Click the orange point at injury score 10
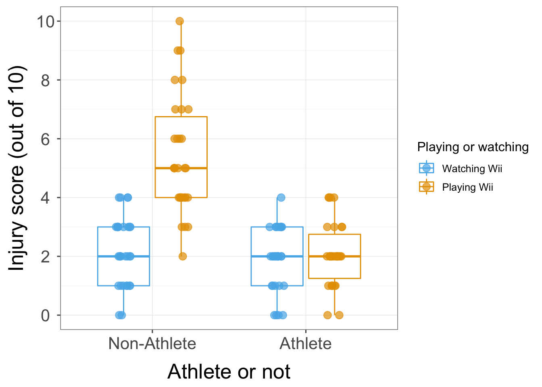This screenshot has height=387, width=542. [179, 21]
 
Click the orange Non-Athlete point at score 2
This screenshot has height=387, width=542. [183, 256]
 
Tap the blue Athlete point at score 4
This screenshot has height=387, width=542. [281, 198]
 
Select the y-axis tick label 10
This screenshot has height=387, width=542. [46, 21]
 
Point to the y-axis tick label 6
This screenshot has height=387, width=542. [46, 139]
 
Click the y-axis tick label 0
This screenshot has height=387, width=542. [46, 315]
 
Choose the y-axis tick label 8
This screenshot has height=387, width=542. [46, 80]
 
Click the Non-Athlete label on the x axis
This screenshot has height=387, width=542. [152, 343]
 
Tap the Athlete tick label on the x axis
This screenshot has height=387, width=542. [306, 343]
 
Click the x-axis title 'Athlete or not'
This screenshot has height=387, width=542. [229, 371]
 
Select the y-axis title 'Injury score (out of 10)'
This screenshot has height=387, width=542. [18, 168]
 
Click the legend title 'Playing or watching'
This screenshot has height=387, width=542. [473, 147]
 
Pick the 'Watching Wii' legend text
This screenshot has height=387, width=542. [472, 169]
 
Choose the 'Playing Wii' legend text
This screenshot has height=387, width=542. [467, 187]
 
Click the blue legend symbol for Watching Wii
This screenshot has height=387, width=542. [426, 168]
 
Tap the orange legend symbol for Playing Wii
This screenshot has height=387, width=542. [426, 187]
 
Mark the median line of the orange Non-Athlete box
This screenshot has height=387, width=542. [198, 168]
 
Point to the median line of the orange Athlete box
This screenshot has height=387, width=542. [351, 256]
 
